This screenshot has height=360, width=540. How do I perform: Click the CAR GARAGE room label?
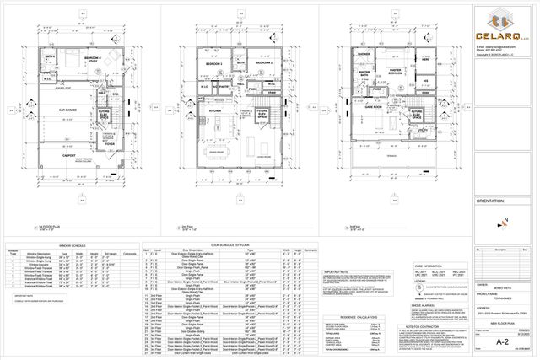click(57, 110)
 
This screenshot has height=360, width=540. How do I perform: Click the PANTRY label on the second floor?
click(224, 84)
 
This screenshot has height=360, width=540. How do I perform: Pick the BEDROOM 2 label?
click(213, 63)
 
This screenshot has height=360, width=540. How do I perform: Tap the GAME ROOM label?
click(375, 108)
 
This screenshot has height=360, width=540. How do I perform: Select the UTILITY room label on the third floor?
click(423, 132)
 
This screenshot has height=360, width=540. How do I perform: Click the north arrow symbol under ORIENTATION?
click(504, 221)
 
